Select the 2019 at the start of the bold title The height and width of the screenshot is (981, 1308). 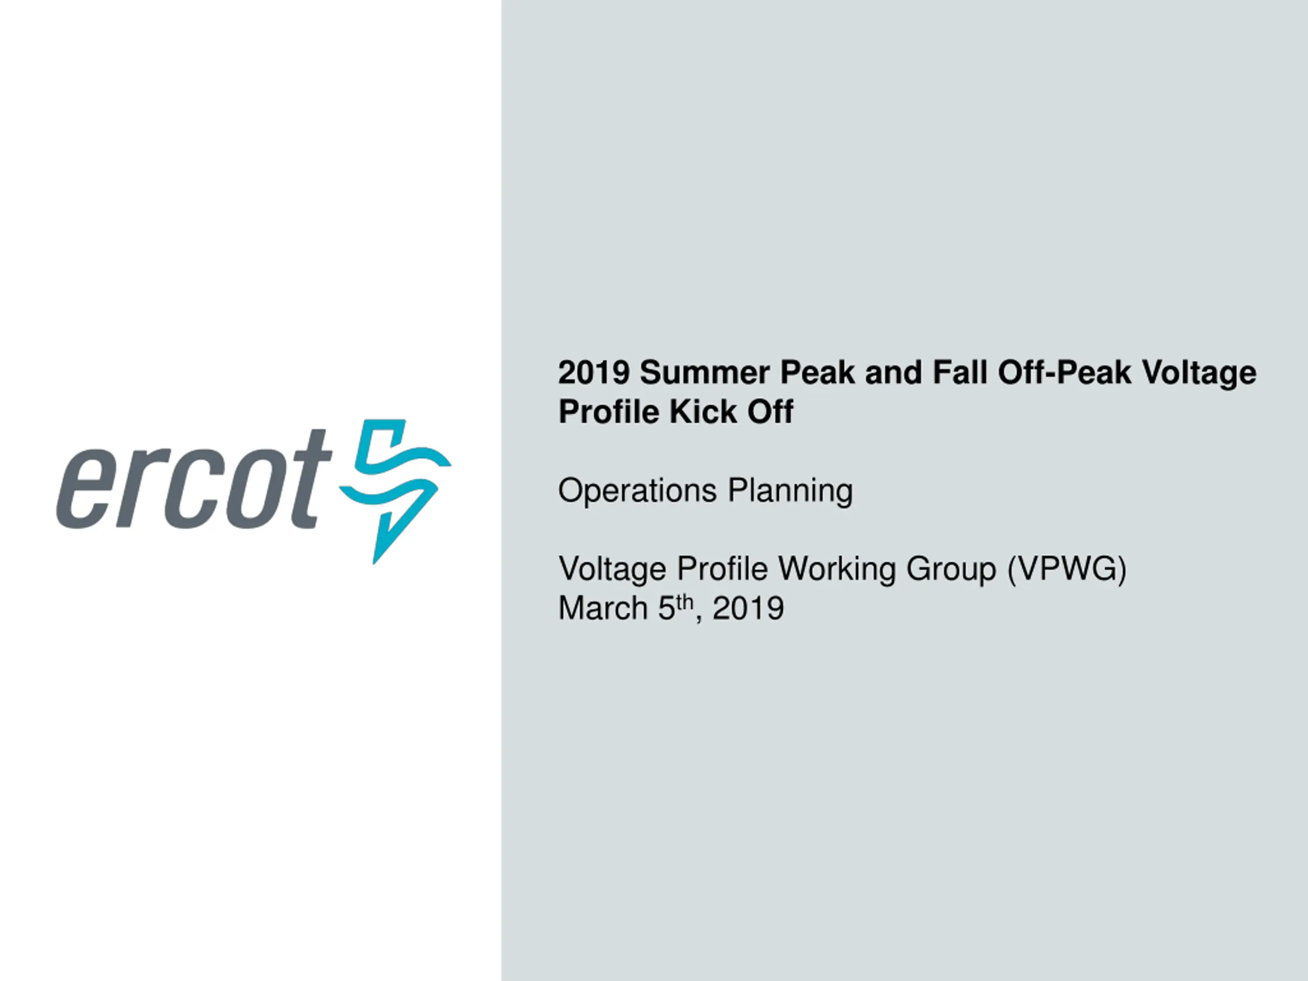(x=594, y=372)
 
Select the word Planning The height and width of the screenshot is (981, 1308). (x=790, y=491)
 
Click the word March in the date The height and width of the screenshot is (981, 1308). (x=603, y=609)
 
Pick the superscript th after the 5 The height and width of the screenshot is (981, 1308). (x=684, y=602)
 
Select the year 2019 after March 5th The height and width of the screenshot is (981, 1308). (x=748, y=609)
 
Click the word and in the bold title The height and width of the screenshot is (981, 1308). (x=893, y=372)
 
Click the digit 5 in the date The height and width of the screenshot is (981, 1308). (x=667, y=609)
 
